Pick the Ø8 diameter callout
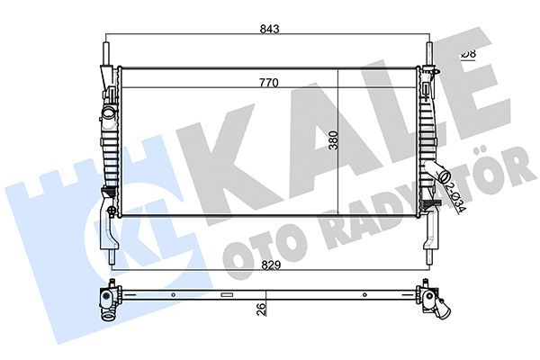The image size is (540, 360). tap(468, 55)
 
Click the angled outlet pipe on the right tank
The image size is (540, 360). tap(445, 173)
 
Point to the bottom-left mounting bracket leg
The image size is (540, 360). tap(110, 238)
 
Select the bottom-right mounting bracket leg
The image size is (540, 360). tap(433, 236)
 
